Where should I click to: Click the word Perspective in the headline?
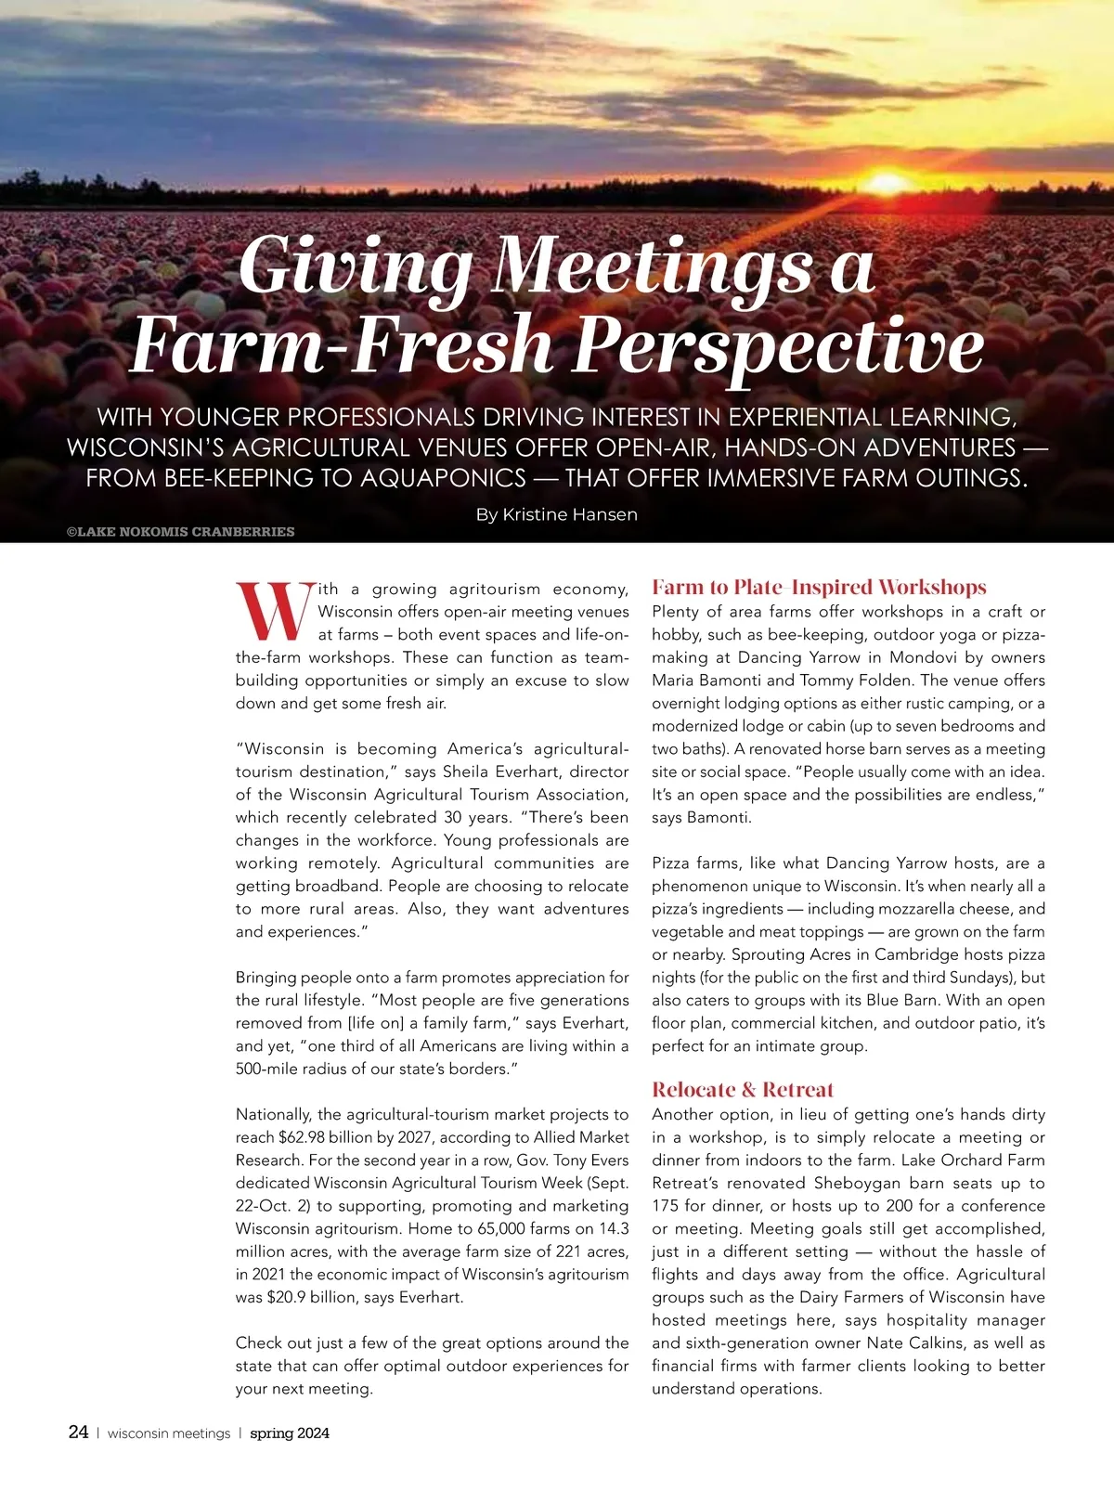click(778, 344)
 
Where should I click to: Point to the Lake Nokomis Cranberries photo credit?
click(181, 532)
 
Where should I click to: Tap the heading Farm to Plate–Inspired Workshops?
click(819, 587)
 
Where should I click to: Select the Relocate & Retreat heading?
click(743, 1089)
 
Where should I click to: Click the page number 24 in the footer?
click(79, 1433)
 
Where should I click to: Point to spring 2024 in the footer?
click(290, 1433)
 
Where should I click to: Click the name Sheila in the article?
click(467, 771)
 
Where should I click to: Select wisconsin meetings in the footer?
click(169, 1433)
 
